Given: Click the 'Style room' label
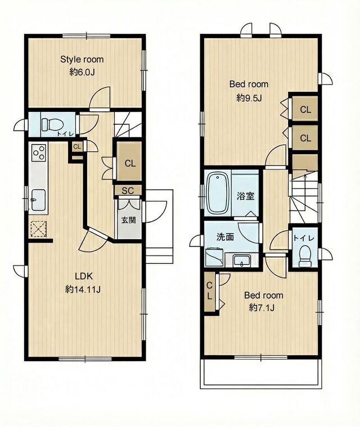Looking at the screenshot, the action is [x=82, y=60].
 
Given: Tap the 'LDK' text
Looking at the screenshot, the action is [x=84, y=276].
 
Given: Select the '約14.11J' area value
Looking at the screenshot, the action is [x=83, y=290].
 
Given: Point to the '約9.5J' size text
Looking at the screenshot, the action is [x=249, y=98].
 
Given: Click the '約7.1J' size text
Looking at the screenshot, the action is [x=262, y=308].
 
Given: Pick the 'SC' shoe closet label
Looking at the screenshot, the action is [x=128, y=191].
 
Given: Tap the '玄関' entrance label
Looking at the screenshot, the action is [x=128, y=220].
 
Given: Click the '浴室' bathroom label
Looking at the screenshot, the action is [x=245, y=196].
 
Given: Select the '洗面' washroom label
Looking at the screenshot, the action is [x=225, y=237].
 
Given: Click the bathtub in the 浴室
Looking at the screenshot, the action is [x=218, y=194].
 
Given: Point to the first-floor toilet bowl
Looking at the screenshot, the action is [x=52, y=125].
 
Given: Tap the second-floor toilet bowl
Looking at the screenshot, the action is [x=305, y=256].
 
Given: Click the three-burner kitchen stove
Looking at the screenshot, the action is [x=38, y=153].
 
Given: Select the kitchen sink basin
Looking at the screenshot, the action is [x=38, y=200].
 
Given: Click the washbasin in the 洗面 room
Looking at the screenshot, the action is [x=242, y=260].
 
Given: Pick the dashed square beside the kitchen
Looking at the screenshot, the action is [x=38, y=229].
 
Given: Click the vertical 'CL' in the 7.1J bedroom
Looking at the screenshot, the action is [x=209, y=291].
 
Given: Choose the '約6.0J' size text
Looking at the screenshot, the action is [x=82, y=72].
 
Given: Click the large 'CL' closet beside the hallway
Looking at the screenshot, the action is [x=130, y=163].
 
